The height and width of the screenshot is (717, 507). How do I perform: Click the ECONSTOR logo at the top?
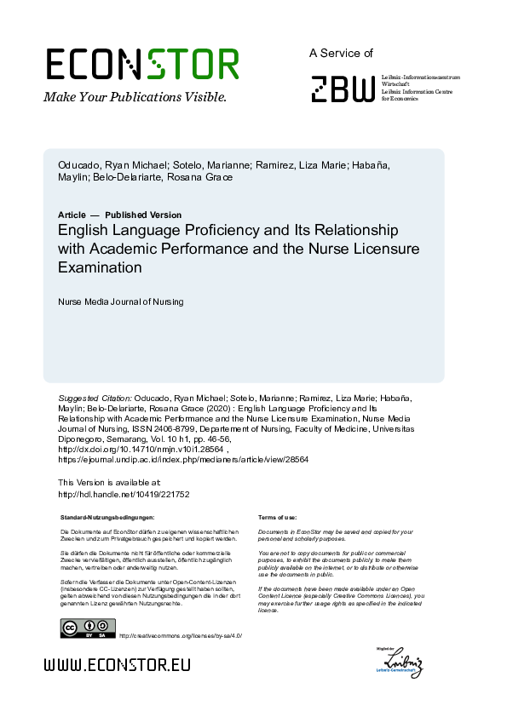[142, 65]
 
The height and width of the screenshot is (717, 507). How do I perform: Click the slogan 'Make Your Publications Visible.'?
[135, 97]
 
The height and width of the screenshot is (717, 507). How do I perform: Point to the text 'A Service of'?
[341, 53]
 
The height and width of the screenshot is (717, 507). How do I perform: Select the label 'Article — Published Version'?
[119, 215]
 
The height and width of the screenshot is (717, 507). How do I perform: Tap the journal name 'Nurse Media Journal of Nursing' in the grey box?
[120, 301]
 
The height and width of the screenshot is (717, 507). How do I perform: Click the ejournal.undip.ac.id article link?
[183, 459]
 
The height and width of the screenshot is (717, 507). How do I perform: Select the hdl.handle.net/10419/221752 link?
[124, 494]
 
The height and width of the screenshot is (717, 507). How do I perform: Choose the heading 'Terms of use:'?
[277, 517]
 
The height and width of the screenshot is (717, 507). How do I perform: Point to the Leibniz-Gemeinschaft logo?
[402, 663]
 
